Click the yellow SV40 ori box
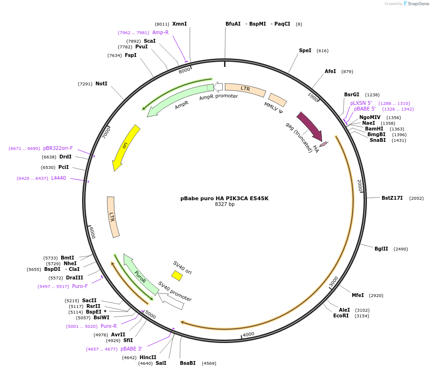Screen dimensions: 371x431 [x=177, y=276]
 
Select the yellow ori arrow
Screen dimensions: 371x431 [x=126, y=147]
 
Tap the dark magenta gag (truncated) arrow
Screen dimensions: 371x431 [x=309, y=126]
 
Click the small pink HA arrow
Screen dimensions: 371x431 [x=323, y=144]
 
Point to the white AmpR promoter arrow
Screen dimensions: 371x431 [x=218, y=86]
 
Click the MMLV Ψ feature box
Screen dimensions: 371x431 [x=278, y=100]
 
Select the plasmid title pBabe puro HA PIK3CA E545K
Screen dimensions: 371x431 [x=225, y=198]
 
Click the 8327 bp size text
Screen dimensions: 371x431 [x=225, y=204]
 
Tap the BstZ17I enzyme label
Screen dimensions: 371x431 [x=392, y=198]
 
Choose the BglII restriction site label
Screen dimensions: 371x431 [x=381, y=249]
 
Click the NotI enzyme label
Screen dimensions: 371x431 [x=101, y=83]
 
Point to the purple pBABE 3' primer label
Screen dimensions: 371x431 [x=131, y=349]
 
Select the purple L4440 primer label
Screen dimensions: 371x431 [x=58, y=178]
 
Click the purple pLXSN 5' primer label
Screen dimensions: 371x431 [x=361, y=103]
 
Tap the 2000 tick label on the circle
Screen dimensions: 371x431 [x=360, y=185]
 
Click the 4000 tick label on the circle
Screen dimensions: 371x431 [x=249, y=334]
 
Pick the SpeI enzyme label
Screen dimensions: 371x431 [x=305, y=50]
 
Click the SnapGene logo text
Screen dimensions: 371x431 [x=417, y=4]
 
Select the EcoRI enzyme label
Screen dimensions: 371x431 [x=341, y=315]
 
